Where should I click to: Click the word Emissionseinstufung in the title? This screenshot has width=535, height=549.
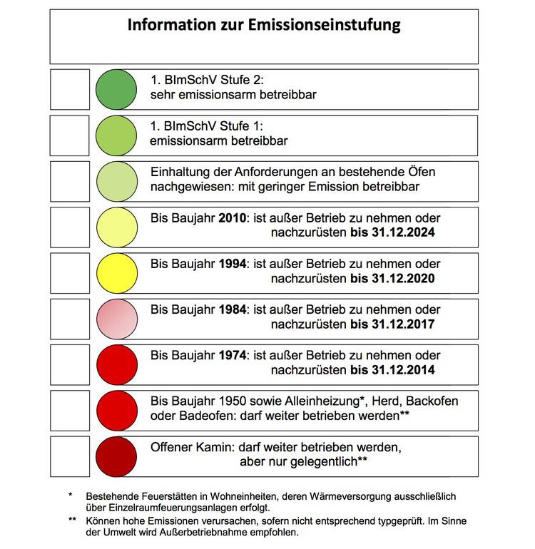click(325, 25)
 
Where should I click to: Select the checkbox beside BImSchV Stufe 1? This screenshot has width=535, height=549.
click(69, 135)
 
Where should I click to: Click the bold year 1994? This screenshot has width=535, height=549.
click(232, 264)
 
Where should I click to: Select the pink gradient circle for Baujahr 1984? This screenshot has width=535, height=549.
click(116, 319)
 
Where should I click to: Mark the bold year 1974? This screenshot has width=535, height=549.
click(232, 355)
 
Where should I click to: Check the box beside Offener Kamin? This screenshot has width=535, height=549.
click(69, 456)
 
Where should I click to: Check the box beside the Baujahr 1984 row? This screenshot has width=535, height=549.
click(69, 319)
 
